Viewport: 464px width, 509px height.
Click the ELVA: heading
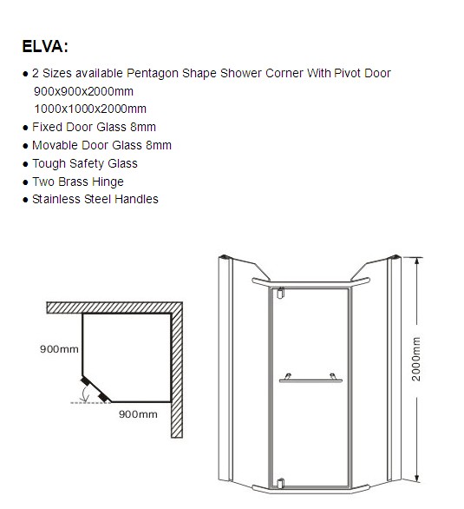point(45,46)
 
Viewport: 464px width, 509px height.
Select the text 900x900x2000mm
point(83,91)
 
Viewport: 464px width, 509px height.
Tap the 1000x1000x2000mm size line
point(90,109)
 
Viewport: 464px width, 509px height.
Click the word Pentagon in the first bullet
point(153,74)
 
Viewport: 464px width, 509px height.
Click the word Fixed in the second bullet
point(47,127)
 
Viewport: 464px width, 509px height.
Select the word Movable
point(55,145)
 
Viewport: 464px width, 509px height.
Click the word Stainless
point(56,199)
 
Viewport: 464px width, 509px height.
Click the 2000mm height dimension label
point(416,359)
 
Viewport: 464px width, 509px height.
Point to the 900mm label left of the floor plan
point(59,349)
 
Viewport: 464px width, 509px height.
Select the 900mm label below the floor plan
point(139,414)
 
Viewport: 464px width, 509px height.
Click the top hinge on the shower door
point(281,293)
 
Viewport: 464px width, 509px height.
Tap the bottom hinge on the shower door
point(281,483)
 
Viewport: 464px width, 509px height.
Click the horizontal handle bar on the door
point(310,380)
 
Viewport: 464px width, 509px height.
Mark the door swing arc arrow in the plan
point(85,393)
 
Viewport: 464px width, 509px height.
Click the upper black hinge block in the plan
point(86,380)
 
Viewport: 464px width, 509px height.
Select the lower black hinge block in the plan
point(103,397)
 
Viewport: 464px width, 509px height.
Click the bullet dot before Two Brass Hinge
point(26,182)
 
